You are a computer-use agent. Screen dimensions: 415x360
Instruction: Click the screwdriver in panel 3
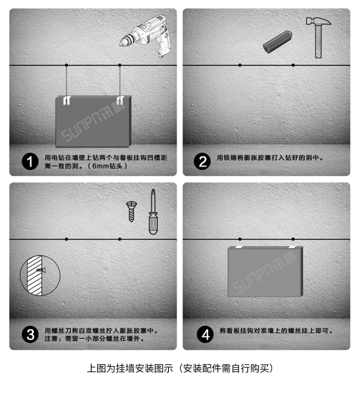(152, 212)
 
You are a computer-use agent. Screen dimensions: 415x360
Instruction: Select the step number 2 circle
(203, 161)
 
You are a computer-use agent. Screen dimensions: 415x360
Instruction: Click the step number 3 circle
(30, 334)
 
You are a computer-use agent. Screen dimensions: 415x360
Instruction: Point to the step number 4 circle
(205, 334)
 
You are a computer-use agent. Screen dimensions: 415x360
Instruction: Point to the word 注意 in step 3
(51, 338)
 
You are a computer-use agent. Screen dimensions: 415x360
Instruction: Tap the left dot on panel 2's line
(240, 65)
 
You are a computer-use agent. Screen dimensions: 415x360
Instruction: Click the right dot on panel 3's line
(120, 239)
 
